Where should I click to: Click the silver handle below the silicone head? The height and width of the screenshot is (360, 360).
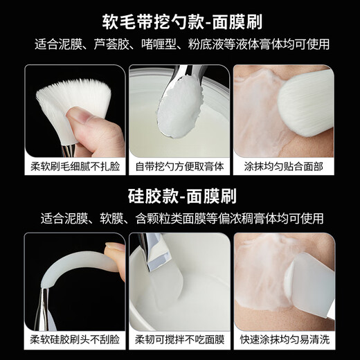43,305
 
